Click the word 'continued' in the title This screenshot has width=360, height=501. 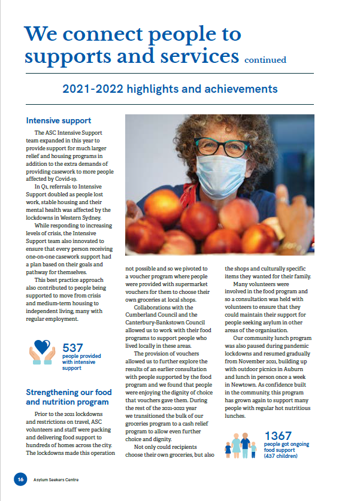(265, 60)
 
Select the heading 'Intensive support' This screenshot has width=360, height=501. (59, 120)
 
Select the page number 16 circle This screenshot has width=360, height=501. (20, 479)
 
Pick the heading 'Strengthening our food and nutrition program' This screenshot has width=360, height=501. (67, 396)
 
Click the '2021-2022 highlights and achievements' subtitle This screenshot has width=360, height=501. (170, 89)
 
